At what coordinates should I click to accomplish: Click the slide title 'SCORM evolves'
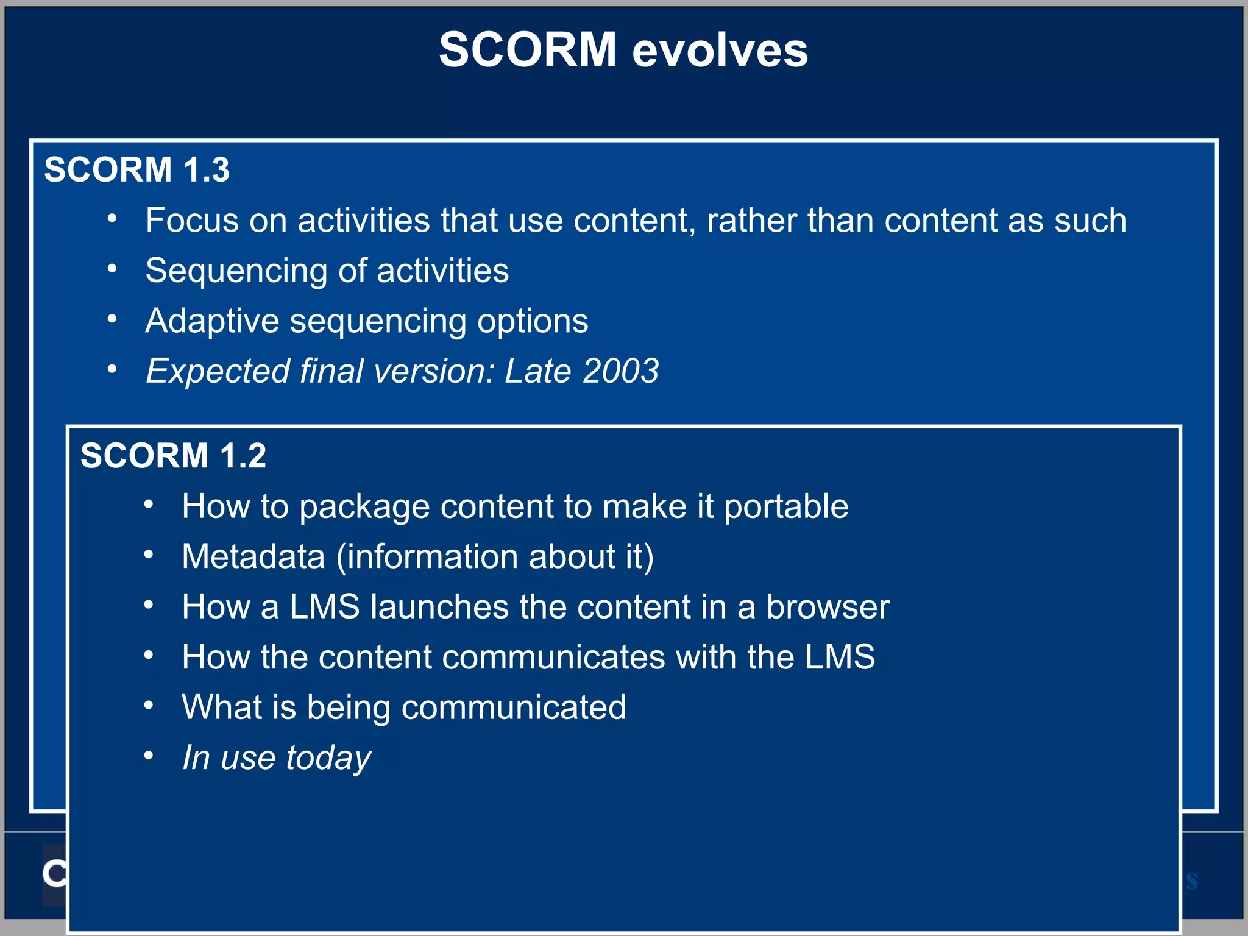[x=623, y=50]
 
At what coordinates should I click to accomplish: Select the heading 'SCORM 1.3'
[x=136, y=169]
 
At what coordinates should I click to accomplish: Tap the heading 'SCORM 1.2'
[x=173, y=456]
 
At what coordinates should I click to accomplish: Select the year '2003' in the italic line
[x=620, y=371]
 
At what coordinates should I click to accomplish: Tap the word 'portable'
[x=786, y=507]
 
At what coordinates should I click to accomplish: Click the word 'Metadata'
[x=253, y=557]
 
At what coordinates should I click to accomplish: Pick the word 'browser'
[x=828, y=608]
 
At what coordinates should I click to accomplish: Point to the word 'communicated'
[x=513, y=708]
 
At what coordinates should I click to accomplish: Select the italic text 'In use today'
[x=277, y=758]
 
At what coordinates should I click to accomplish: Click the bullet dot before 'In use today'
[x=149, y=756]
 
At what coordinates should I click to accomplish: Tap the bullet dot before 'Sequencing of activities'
[x=112, y=269]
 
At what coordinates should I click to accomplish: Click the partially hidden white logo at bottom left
[x=54, y=874]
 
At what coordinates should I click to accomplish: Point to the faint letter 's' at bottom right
[x=1191, y=881]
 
